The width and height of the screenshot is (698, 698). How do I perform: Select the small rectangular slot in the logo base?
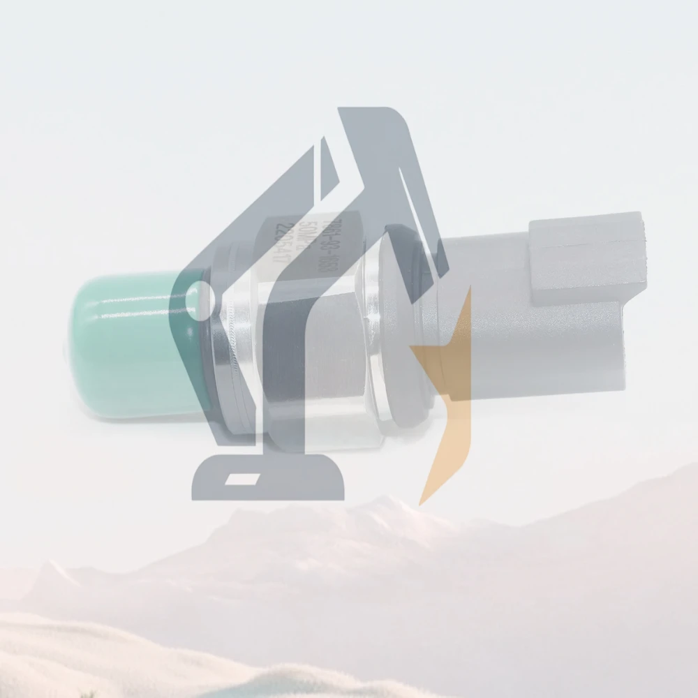pyautogui.click(x=245, y=480)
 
